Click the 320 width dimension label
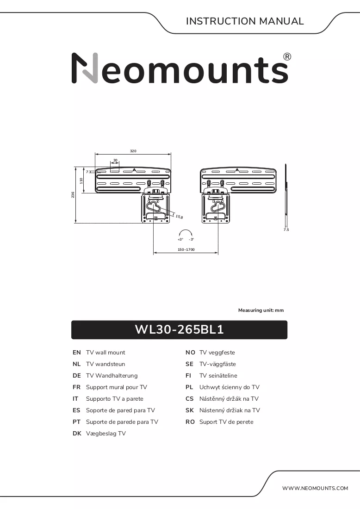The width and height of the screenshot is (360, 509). click(133, 151)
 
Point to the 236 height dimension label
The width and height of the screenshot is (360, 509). click(73, 195)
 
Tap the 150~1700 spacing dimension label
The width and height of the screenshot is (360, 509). click(186, 249)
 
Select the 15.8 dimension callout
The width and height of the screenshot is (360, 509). click(179, 217)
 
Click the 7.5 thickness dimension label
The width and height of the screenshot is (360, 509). click(286, 230)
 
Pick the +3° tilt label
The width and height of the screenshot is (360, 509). click(180, 239)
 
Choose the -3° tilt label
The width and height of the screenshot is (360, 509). click(191, 239)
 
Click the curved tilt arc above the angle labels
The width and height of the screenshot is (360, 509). click(186, 230)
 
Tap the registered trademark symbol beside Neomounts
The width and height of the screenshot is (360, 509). click(287, 57)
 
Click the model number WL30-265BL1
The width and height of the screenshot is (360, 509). click(179, 329)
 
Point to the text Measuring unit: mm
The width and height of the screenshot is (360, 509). click(261, 310)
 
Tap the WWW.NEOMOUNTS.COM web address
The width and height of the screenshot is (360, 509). click(315, 488)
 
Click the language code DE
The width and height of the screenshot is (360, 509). click(77, 376)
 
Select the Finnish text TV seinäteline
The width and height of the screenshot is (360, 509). click(218, 376)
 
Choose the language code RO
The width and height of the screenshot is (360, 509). click(190, 422)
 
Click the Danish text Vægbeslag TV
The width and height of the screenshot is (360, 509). click(106, 434)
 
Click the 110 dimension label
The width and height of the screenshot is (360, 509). click(81, 180)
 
